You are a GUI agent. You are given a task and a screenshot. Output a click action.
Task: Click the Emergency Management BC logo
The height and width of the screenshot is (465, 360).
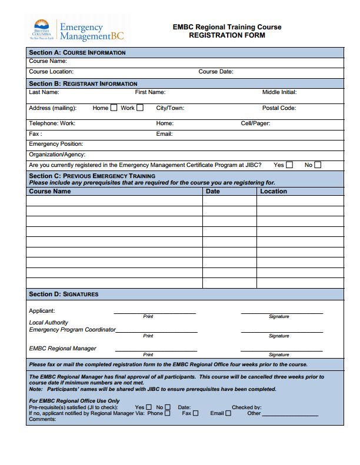[x=78, y=31]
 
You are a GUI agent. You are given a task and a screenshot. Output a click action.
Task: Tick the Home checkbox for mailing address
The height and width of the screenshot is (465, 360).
[x=114, y=108]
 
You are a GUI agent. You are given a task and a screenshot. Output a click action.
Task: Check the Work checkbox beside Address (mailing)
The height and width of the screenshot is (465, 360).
[x=139, y=108]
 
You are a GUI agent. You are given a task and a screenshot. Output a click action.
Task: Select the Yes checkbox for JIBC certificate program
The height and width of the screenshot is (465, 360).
[x=289, y=165]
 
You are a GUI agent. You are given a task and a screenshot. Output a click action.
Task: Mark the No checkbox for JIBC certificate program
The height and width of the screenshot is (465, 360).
[x=318, y=165]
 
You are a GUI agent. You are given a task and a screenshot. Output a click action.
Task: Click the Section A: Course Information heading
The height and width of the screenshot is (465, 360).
[x=77, y=53]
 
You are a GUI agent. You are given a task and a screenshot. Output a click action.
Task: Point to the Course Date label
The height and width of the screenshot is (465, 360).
[x=216, y=72]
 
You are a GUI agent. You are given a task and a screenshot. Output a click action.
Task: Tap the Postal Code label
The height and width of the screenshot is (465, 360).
[x=279, y=108]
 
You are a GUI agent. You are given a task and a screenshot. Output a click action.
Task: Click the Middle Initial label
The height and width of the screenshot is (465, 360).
[x=279, y=92]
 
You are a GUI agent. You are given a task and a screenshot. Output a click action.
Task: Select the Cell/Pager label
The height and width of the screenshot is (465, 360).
[x=255, y=123]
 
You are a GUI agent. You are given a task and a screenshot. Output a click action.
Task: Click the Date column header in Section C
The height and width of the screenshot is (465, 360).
[x=213, y=191]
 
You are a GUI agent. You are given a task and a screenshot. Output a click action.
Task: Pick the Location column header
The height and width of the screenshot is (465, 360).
[x=274, y=191]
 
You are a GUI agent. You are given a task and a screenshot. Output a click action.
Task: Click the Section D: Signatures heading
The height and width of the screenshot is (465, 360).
[x=64, y=294]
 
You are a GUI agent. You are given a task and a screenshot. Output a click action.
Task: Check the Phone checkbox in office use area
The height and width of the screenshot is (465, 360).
[x=168, y=413]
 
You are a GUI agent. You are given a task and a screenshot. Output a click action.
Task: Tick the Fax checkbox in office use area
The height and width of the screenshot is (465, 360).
[x=196, y=413]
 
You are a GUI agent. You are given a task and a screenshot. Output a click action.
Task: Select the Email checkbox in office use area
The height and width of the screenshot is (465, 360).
[x=228, y=413]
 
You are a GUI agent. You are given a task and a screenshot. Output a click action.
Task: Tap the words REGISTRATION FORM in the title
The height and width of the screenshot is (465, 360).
[x=227, y=35]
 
